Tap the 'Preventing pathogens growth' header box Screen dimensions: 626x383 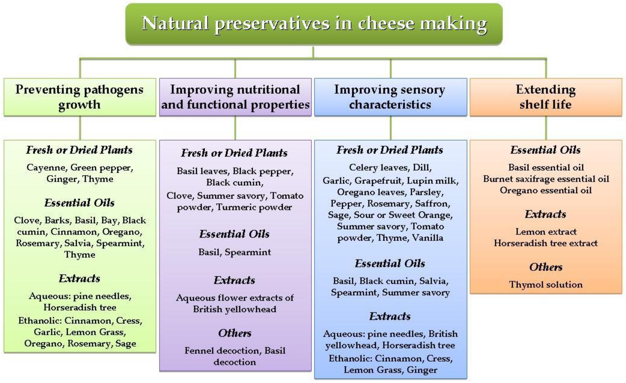[80, 97]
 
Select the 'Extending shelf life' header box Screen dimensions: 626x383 [546, 97]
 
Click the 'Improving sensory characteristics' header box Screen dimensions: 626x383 [391, 97]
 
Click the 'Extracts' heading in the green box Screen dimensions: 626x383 [79, 279]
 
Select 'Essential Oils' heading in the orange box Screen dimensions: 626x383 [546, 150]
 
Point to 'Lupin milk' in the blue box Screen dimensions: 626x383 [433, 181]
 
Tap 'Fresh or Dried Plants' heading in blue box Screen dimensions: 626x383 [390, 150]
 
